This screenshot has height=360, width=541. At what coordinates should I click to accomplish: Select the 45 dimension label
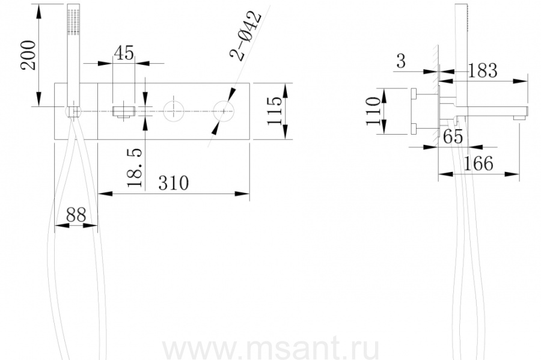point(123,53)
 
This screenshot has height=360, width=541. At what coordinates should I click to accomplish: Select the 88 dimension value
point(76,215)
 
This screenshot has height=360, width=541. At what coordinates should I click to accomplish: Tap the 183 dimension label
point(482,70)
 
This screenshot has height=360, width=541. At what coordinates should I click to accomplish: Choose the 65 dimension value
point(453,137)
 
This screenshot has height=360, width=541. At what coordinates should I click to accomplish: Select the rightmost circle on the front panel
point(224,110)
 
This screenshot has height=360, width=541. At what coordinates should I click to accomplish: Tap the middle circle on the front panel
point(173,110)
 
